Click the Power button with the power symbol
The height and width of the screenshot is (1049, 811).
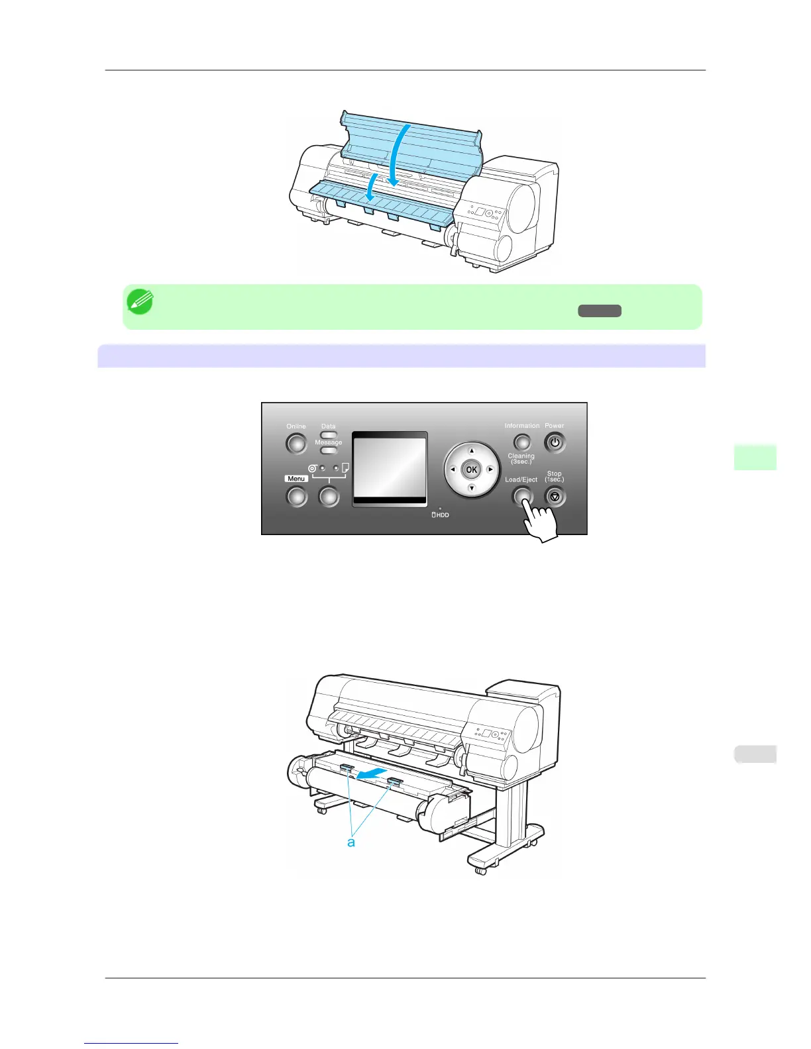click(555, 442)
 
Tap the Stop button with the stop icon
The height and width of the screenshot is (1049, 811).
click(555, 496)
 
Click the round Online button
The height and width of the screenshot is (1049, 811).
click(296, 444)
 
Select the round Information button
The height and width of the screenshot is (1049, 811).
click(522, 442)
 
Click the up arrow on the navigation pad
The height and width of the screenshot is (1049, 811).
click(472, 451)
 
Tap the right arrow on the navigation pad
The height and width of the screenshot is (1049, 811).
click(490, 470)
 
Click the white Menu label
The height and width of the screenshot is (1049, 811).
click(296, 478)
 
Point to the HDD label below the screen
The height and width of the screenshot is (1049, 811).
click(441, 515)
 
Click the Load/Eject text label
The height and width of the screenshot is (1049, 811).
click(521, 479)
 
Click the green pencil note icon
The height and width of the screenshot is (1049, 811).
click(140, 302)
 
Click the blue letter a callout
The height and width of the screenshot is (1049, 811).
click(351, 842)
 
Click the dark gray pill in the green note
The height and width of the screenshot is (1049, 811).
click(599, 311)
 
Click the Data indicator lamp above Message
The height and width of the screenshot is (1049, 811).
click(329, 435)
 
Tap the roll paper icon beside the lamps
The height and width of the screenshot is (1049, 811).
click(312, 468)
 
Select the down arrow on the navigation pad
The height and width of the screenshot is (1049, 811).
click(472, 488)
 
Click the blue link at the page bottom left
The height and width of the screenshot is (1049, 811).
click(131, 1044)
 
